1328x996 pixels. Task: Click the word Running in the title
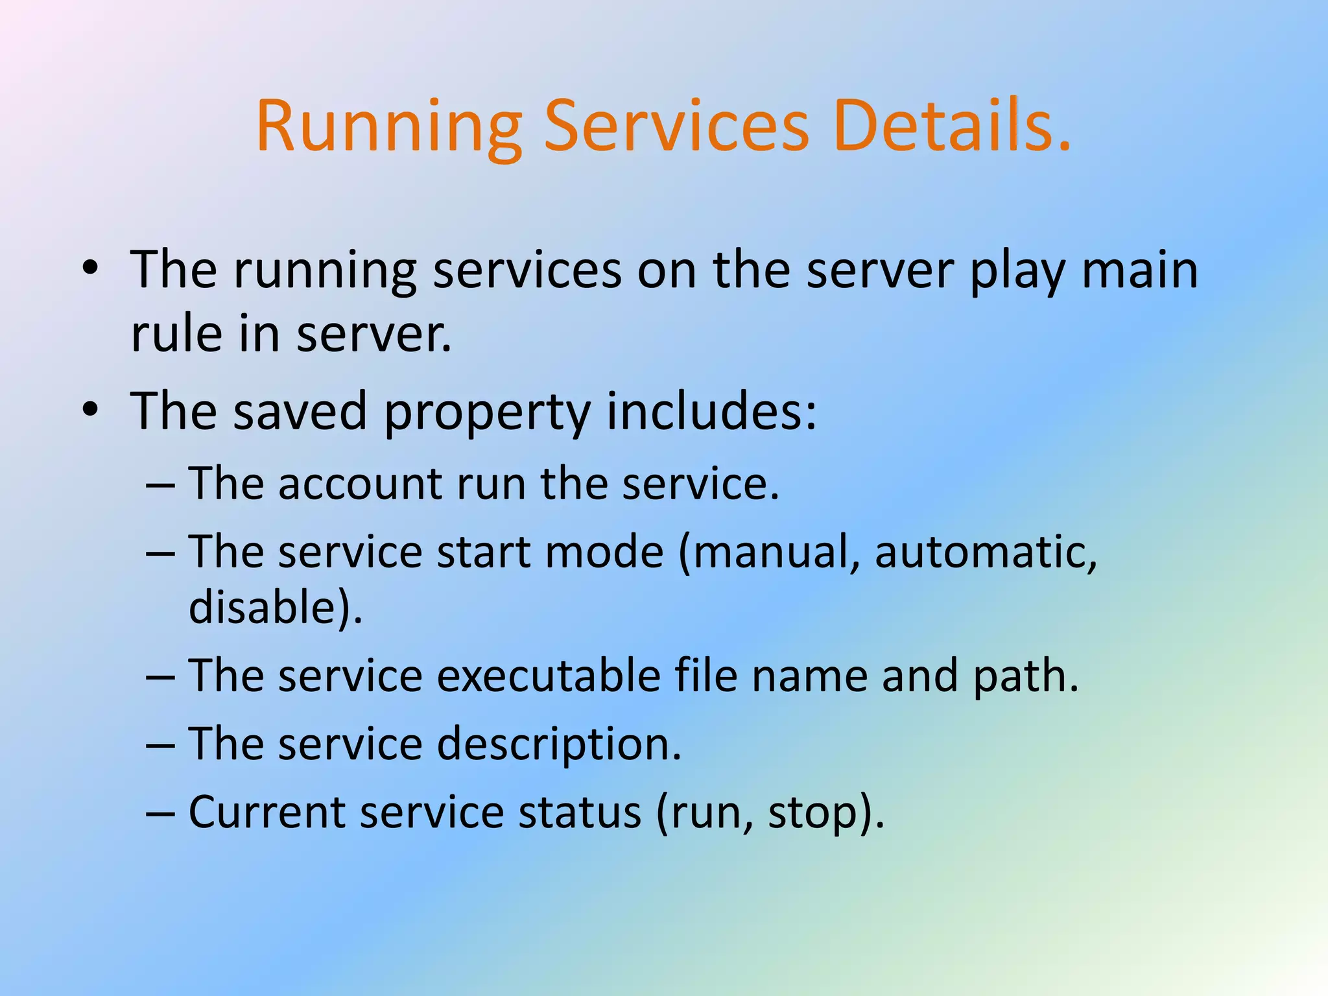389,126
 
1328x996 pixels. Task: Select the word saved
300,411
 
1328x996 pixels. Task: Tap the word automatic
985,552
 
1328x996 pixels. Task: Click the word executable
548,676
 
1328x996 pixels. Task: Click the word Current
267,812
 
